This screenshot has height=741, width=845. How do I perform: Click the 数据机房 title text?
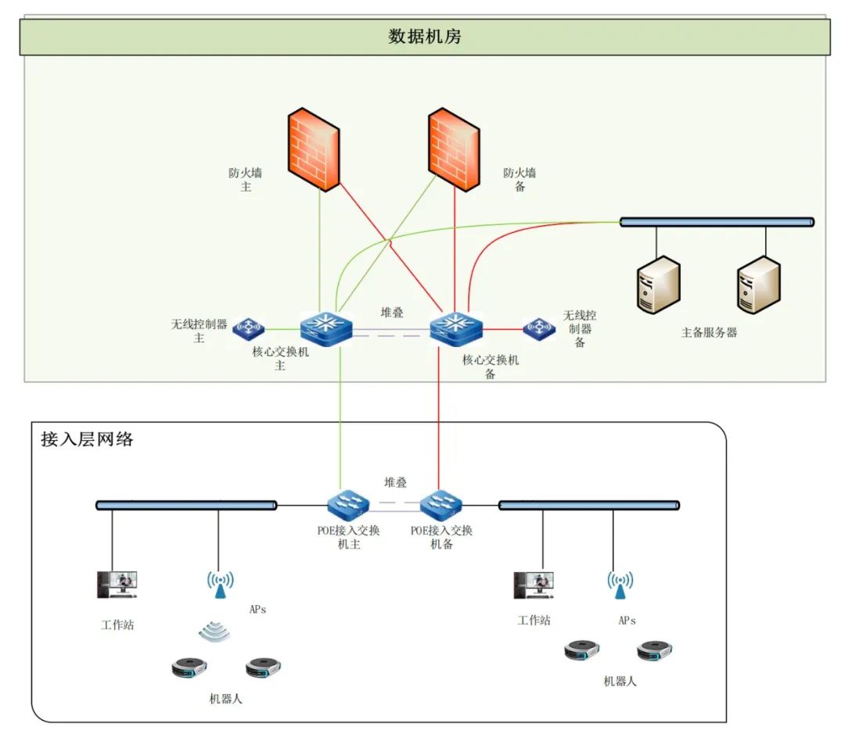(x=424, y=37)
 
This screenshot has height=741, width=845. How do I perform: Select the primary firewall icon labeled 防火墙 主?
(x=313, y=149)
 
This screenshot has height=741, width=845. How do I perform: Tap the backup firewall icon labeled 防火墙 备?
(x=454, y=149)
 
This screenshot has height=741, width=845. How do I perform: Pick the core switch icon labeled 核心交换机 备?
(x=456, y=328)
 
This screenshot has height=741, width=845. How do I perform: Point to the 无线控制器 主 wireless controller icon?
(x=249, y=328)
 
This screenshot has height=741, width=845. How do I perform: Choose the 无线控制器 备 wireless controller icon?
(x=539, y=328)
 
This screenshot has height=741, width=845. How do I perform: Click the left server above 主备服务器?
(x=658, y=285)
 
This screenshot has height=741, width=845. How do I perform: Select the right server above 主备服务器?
(x=758, y=285)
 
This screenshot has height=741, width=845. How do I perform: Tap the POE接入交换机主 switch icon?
(x=349, y=506)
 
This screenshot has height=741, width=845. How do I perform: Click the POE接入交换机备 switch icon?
(x=441, y=506)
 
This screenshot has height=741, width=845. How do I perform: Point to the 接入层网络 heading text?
(x=87, y=439)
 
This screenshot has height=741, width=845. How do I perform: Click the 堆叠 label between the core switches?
(x=392, y=313)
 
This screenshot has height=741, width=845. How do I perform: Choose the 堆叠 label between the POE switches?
(x=395, y=483)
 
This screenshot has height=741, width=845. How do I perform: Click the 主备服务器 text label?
(x=709, y=332)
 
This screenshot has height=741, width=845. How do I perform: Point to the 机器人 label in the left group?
(x=226, y=698)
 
